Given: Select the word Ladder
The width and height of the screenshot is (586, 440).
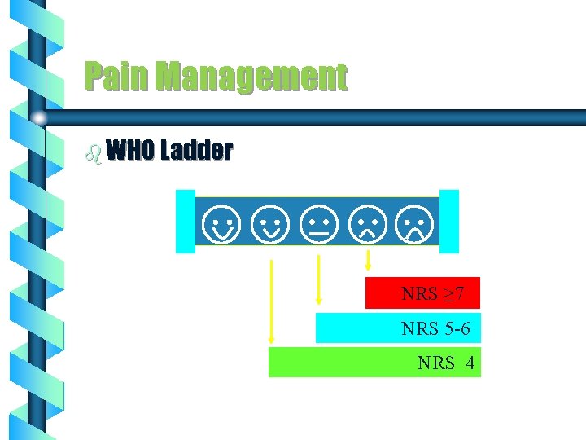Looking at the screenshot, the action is tap(197, 151).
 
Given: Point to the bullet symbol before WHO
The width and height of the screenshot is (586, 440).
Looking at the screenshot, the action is tap(95, 152).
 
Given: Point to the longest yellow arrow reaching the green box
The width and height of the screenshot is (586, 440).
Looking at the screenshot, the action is tap(271, 301).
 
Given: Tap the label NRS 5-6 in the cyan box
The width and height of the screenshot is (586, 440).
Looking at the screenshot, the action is tap(435, 328).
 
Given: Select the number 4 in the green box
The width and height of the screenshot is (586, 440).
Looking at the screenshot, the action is tap(470, 363).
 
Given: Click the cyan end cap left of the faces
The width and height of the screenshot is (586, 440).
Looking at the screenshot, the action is tap(186, 221).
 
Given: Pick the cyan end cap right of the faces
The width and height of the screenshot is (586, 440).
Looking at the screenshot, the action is tap(449, 221).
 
